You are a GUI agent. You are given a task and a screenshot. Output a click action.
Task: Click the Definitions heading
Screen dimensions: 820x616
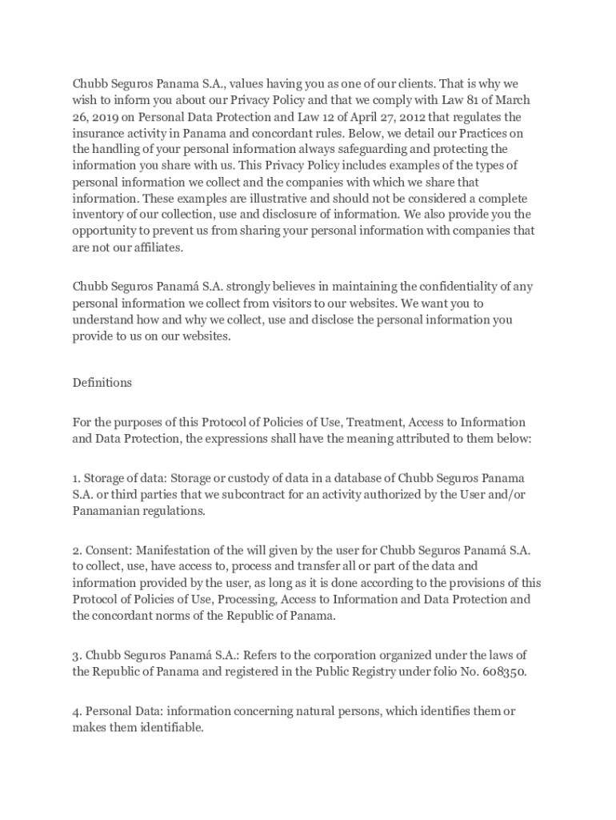(x=102, y=383)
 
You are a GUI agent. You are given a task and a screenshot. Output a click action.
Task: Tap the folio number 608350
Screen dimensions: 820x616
(x=503, y=672)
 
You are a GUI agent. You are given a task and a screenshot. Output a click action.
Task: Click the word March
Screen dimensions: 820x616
(x=513, y=100)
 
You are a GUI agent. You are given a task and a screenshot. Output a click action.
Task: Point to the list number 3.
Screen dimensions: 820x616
(x=76, y=655)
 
